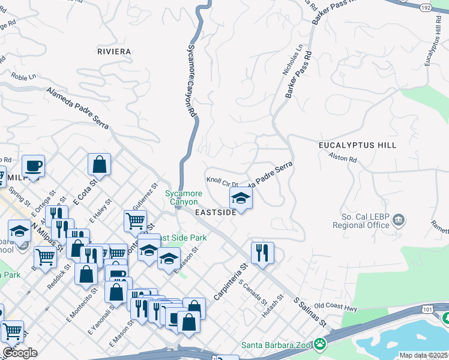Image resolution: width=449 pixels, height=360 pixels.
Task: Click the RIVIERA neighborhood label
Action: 113,52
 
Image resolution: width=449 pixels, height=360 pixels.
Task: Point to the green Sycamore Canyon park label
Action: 183,197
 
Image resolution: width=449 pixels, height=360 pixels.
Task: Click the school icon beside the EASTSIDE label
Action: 241,197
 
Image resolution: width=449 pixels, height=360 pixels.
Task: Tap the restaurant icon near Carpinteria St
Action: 262,252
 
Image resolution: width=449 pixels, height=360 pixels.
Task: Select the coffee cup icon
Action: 33,165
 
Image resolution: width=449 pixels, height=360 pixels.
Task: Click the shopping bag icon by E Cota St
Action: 99,164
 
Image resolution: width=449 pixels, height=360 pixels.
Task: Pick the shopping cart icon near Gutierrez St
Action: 136,220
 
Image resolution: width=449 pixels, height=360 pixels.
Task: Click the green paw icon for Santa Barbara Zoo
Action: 321,344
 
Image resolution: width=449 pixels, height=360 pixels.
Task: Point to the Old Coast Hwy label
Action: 336,306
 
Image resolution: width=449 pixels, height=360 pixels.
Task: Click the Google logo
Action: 20,352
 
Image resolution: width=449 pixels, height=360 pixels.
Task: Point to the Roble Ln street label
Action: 23,77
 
